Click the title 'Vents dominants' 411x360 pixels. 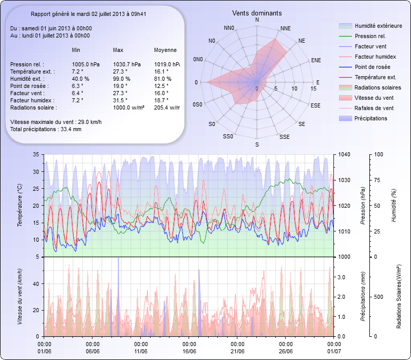click(x=257, y=12)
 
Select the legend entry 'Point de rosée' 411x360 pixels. click(x=372, y=67)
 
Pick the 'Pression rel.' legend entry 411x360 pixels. click(x=370, y=37)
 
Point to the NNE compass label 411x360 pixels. click(x=286, y=28)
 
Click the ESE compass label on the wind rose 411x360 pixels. click(x=316, y=105)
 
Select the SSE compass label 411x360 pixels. click(x=284, y=137)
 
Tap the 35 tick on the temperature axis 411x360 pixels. click(x=35, y=154)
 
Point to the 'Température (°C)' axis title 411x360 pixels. click(x=20, y=206)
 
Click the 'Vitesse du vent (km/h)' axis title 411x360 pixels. click(x=20, y=296)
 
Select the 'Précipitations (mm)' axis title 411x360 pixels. click(x=363, y=296)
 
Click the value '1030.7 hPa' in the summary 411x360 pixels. click(x=126, y=64)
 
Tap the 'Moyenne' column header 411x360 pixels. click(x=165, y=50)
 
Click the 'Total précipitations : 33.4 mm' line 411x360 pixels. click(x=46, y=129)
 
